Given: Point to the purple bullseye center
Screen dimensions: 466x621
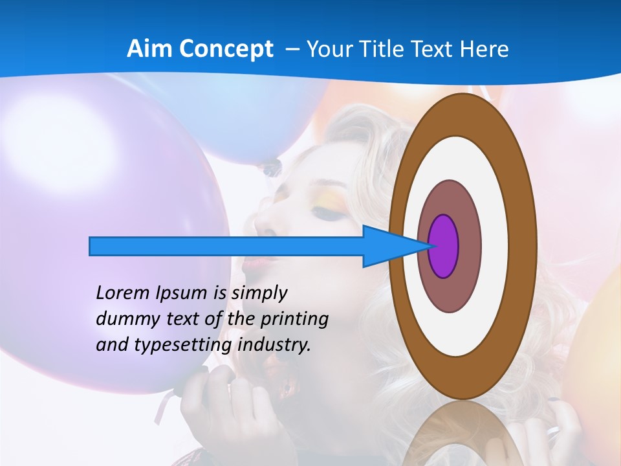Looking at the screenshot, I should tap(443, 247).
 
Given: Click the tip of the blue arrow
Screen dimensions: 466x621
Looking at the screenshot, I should tap(430, 246).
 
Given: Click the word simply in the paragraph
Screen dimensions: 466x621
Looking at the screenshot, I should tap(259, 294).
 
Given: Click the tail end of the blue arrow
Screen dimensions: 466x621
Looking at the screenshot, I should tap(91, 246).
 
